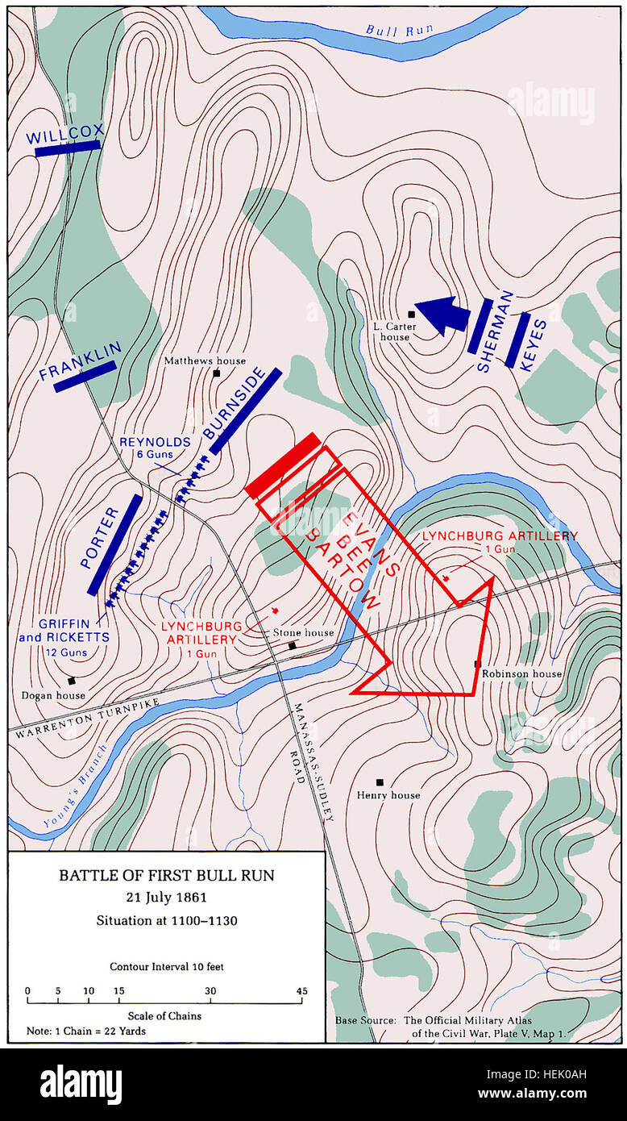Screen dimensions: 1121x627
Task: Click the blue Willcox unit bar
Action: pyautogui.click(x=68, y=148)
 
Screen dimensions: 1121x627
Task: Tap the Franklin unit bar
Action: pyautogui.click(x=85, y=376)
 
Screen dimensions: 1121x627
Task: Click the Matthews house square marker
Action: pyautogui.click(x=216, y=373)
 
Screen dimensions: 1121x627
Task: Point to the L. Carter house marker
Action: pyautogui.click(x=411, y=315)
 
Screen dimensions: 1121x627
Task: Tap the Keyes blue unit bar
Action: pyautogui.click(x=517, y=340)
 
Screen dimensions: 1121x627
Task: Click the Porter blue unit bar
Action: pyautogui.click(x=114, y=545)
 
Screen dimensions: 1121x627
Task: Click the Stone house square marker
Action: pyautogui.click(x=293, y=645)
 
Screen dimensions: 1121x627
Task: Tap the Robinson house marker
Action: pyautogui.click(x=478, y=664)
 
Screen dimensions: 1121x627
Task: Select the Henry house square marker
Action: pyautogui.click(x=380, y=781)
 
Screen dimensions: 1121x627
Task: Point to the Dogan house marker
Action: pyautogui.click(x=72, y=681)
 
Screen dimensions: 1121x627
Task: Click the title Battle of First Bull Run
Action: pyautogui.click(x=166, y=875)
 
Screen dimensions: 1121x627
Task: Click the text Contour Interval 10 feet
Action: pyautogui.click(x=167, y=966)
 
